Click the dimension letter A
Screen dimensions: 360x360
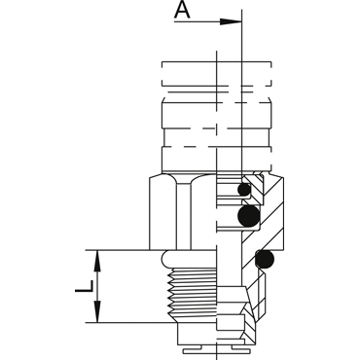pos(182,9)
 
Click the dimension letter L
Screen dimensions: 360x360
pos(85,286)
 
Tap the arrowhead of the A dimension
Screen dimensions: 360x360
pos(231,21)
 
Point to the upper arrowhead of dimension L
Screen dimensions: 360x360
pos(97,261)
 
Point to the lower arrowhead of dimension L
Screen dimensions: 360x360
pos(97,311)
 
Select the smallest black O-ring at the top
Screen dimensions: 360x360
pos(244,190)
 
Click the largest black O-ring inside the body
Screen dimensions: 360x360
pos(249,216)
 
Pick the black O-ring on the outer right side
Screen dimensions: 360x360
pos(265,260)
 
